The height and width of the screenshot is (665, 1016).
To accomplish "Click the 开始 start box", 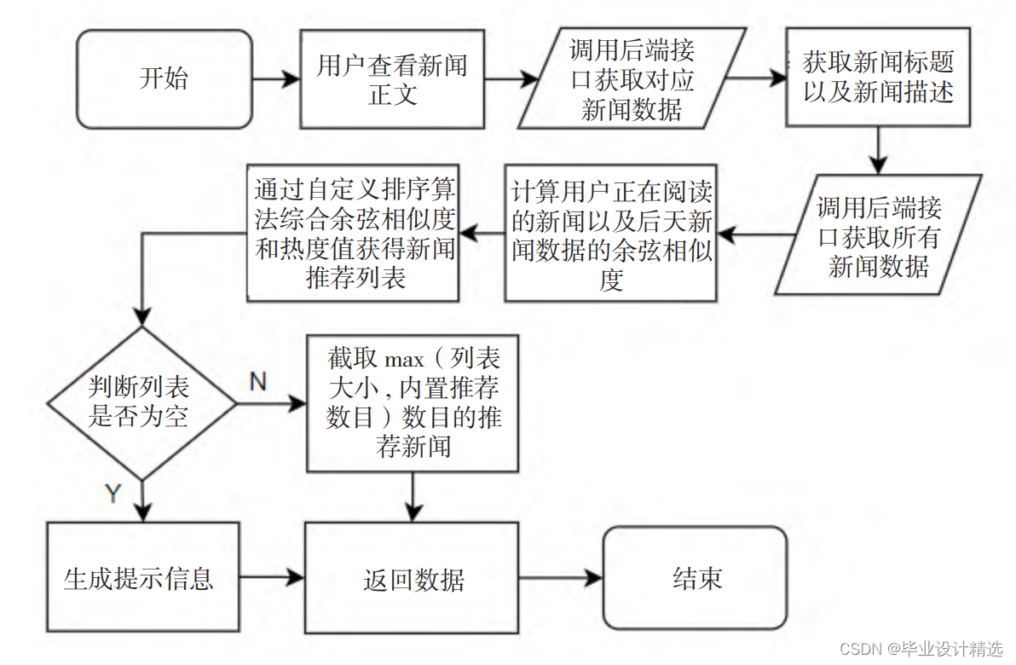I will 165,79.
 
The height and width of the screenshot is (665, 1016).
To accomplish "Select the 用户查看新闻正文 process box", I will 392,79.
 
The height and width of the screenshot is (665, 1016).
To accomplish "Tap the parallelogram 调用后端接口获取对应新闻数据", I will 632,79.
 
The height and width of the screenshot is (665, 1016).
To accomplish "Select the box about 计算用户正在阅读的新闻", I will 610,233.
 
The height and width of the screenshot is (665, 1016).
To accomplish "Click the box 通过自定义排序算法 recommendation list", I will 354,233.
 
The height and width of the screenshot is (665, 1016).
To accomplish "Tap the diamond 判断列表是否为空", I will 140,402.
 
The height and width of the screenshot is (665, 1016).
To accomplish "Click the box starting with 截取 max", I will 413,402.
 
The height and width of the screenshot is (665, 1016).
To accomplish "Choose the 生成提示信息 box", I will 139,579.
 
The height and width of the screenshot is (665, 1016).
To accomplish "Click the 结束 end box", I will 695,578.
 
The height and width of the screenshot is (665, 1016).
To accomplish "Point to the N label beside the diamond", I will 258,382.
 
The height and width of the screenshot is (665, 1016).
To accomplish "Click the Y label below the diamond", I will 113,493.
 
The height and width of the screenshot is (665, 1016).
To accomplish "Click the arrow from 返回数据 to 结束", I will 560,579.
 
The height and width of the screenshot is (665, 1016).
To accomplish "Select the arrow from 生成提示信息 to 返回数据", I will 272,579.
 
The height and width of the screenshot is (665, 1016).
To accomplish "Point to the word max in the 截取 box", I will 403,360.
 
